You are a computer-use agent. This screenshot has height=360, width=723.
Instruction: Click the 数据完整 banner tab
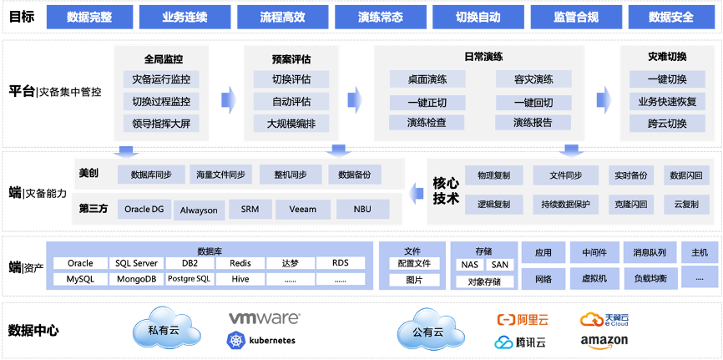point(88,16)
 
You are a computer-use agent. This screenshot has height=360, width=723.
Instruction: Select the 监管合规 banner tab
point(577,16)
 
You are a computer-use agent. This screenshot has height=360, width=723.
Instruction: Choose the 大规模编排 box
point(291,124)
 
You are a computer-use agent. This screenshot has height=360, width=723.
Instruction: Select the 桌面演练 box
point(427,80)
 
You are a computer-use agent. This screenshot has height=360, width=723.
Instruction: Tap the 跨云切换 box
point(666,124)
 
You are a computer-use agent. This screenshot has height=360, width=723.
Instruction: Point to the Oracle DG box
point(144,210)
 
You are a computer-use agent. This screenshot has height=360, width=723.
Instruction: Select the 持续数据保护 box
point(565,204)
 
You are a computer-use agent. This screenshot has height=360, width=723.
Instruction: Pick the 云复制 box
point(686,204)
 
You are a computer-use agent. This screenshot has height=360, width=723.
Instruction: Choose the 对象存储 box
point(484,281)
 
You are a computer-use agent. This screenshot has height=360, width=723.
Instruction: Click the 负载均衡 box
point(650,278)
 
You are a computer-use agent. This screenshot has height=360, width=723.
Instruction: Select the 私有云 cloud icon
point(164,328)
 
